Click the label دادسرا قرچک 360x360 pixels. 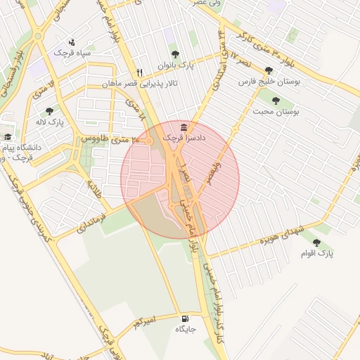click(184, 139)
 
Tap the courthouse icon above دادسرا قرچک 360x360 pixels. click(184, 127)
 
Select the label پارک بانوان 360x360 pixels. click(174, 65)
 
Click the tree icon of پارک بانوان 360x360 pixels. click(174, 54)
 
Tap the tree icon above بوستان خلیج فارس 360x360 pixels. click(269, 70)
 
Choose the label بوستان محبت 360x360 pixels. click(276, 112)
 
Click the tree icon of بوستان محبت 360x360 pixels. click(275, 101)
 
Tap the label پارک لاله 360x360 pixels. click(49, 122)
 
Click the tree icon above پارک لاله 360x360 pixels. click(49, 111)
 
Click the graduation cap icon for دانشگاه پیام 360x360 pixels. click(8, 137)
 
